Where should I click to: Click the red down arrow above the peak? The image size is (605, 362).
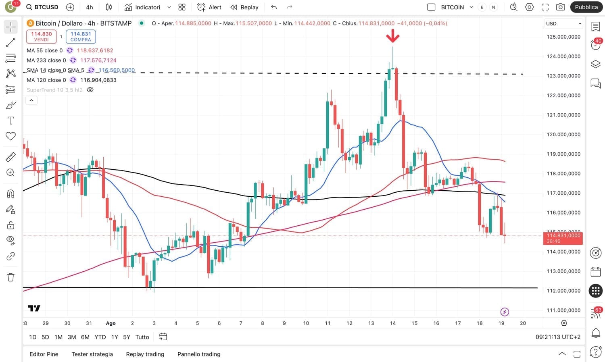392,37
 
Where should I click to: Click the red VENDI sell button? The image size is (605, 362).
41,36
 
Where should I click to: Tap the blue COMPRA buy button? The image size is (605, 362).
81,36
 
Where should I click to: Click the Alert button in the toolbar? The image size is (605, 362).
209,7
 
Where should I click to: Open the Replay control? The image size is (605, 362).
244,7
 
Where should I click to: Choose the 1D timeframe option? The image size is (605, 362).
33,337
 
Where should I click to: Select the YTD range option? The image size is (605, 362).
100,337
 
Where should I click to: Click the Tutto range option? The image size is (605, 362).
142,337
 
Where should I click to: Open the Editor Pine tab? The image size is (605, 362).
44,354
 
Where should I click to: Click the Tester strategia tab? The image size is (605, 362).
92,354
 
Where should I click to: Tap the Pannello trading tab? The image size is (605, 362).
199,354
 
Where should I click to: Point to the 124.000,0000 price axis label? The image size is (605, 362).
563,56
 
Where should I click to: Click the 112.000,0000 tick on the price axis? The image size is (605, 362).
563,291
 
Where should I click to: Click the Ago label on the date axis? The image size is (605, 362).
111,323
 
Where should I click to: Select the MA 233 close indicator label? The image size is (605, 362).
46,60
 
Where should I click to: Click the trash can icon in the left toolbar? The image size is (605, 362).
11,277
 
